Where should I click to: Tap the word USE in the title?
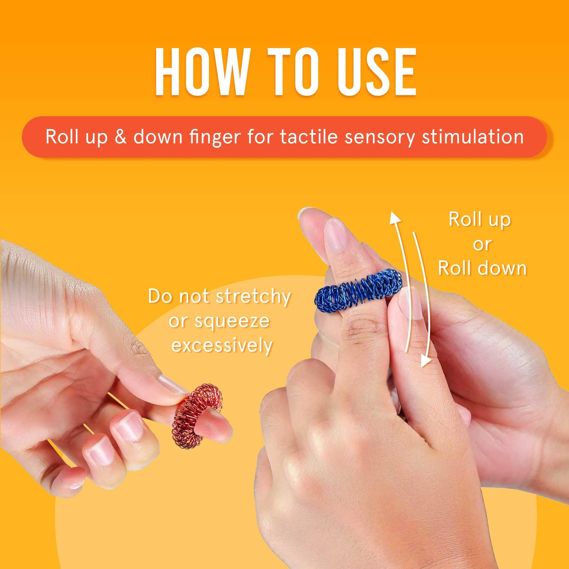point(376,72)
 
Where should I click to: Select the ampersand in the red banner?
point(120,137)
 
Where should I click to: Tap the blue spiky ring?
point(358,291)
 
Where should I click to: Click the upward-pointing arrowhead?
point(395,218)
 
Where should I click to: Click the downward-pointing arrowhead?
point(425,360)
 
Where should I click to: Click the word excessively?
point(222,346)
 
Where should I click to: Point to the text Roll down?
point(482,269)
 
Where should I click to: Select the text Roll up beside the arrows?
point(480,219)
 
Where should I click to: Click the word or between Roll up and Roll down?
point(482,244)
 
